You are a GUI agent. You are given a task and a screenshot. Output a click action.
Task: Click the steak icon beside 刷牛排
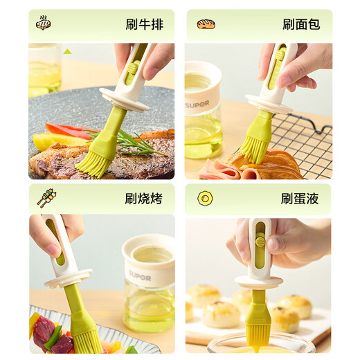click(44, 23)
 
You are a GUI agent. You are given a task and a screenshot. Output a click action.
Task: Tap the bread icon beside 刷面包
click(206, 24)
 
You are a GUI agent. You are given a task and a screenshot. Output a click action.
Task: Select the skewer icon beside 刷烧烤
click(46, 198)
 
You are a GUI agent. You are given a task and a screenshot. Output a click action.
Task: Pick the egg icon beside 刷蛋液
click(205, 199)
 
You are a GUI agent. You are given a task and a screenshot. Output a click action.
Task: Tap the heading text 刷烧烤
click(144, 199)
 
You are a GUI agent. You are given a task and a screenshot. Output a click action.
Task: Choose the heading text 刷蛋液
click(300, 199)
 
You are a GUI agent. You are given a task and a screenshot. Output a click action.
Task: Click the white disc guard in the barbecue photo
click(68, 277)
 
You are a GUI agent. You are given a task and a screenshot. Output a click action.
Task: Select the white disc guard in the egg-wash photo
click(258, 281)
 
